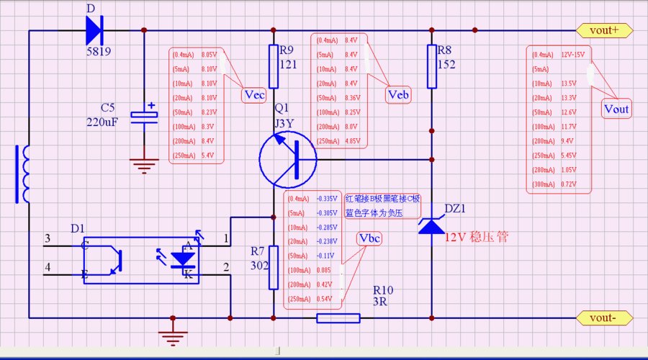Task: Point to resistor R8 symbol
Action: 432,66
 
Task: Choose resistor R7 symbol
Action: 274,268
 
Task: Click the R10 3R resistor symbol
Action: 338,318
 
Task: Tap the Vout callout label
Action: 616,109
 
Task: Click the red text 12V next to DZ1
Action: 456,236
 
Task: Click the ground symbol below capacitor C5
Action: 144,165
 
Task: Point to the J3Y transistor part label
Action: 284,124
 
